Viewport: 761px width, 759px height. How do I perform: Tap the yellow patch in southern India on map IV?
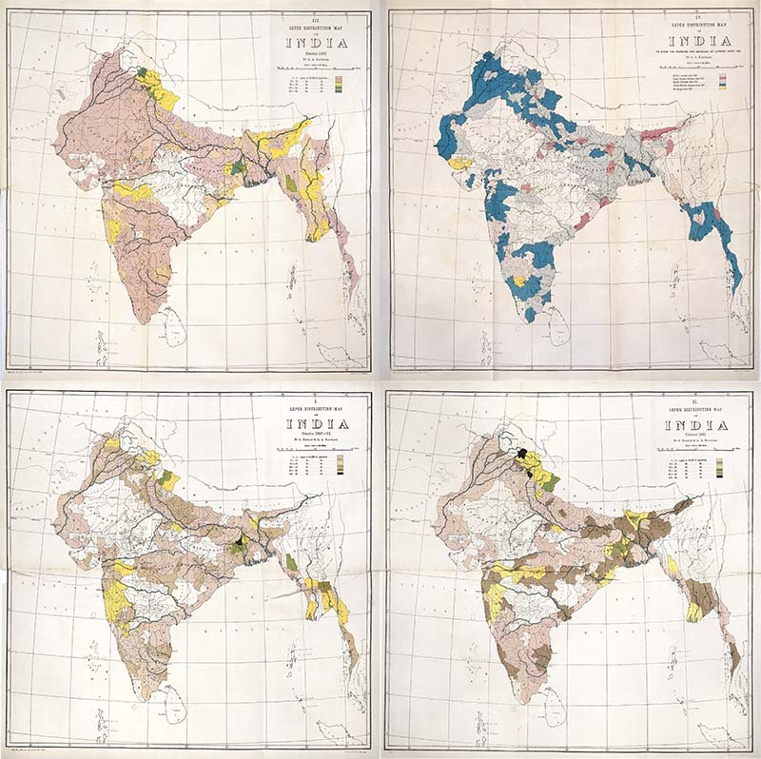coord(519,282)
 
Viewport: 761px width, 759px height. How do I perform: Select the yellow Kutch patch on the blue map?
coord(459,164)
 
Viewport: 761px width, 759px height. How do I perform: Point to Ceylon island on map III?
coord(174,327)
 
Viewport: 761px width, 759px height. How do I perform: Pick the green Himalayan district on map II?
coord(550,480)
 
